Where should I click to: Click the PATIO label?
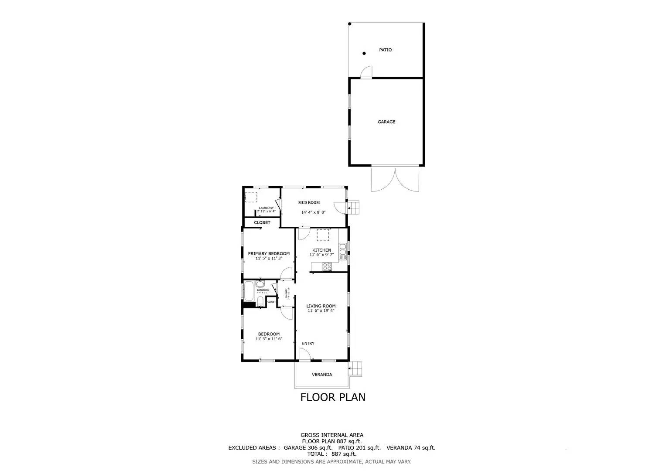click(385, 50)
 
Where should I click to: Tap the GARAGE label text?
click(386, 122)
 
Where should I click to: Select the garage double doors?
click(395, 179)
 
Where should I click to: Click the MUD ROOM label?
click(309, 202)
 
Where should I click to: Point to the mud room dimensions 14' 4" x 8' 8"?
click(313, 212)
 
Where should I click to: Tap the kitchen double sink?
click(343, 249)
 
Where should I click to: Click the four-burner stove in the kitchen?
click(327, 266)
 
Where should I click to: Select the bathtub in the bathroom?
click(249, 291)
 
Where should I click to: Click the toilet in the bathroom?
click(260, 301)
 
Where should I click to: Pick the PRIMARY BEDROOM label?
click(269, 253)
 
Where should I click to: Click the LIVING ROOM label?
click(321, 306)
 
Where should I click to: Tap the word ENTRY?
click(308, 344)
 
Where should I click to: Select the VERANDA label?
click(322, 375)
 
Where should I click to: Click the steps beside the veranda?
click(356, 369)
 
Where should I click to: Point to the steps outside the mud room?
click(354, 208)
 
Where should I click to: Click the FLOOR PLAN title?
click(333, 397)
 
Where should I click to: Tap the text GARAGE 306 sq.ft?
click(308, 448)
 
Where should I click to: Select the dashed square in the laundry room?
click(251, 197)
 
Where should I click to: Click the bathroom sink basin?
click(260, 284)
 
